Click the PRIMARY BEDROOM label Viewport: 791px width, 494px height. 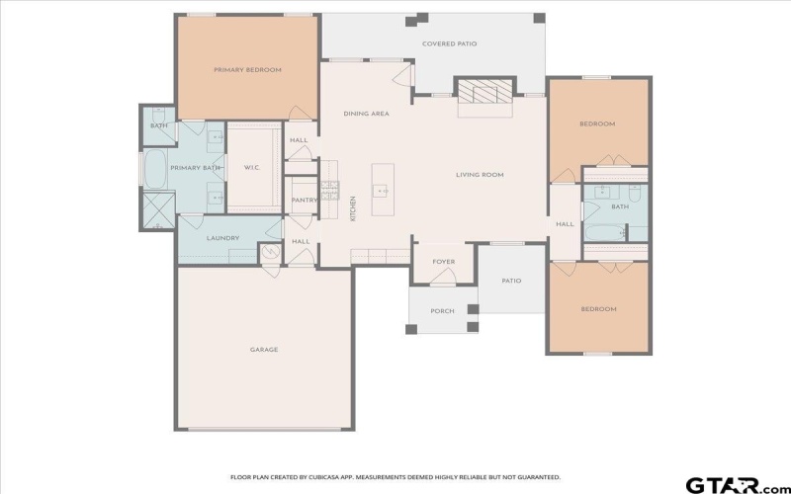(x=248, y=70)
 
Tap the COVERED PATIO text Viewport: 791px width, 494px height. (x=450, y=44)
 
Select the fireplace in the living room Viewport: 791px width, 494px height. (x=484, y=95)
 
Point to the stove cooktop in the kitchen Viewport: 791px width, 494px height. (x=329, y=188)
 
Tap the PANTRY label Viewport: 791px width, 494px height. (x=303, y=201)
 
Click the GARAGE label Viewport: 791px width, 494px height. (x=263, y=349)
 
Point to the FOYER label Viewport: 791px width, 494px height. (x=443, y=262)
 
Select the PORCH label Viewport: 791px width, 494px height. (x=442, y=311)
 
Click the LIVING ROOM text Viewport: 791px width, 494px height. (x=480, y=175)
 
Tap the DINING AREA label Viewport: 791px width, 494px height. (x=366, y=114)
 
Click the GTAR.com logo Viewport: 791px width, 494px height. (x=731, y=484)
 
